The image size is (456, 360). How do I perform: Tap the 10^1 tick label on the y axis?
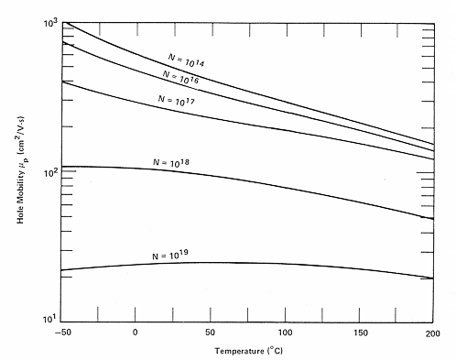tap(50, 319)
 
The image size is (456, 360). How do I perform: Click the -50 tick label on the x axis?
tap(61, 331)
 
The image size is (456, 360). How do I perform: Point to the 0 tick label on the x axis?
tap(136, 331)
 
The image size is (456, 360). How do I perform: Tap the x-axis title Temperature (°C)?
tap(246, 351)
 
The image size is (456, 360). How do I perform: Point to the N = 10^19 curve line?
tap(275, 264)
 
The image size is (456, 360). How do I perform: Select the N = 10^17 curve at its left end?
tap(62, 82)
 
